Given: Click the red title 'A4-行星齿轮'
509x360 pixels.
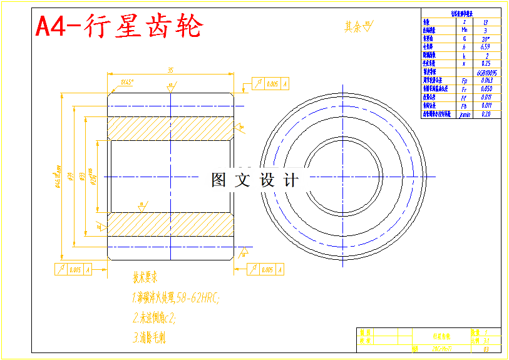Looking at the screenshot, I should click(x=119, y=27).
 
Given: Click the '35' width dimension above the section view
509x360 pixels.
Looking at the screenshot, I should click(x=170, y=70).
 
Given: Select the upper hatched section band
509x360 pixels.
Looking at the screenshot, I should click(x=170, y=129).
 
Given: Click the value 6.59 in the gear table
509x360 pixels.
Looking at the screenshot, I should click(x=485, y=46).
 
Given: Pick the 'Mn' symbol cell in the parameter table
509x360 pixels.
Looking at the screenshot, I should click(x=464, y=29).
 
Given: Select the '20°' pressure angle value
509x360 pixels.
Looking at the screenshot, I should click(x=485, y=38).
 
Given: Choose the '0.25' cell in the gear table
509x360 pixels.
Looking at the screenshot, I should click(x=485, y=63).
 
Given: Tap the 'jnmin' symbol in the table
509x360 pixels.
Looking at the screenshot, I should click(x=464, y=115).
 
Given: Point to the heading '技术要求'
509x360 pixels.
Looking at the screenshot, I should click(x=145, y=276).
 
